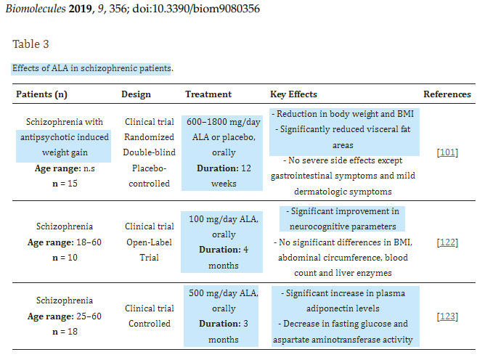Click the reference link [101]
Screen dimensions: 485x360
[x=447, y=152]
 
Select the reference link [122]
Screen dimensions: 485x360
[x=447, y=242]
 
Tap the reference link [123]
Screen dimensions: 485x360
[x=447, y=316]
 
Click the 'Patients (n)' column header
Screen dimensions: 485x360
[x=42, y=94]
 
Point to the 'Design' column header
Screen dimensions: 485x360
[x=136, y=94]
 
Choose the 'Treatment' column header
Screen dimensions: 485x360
[x=208, y=94]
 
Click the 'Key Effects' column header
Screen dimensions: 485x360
[x=293, y=94]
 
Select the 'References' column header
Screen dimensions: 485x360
[x=447, y=94]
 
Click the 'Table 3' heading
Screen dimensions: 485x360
[x=30, y=44]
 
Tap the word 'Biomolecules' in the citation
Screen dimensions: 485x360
[x=36, y=9]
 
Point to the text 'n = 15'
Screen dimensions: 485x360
[x=65, y=184]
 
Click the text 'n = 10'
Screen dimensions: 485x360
[x=65, y=258]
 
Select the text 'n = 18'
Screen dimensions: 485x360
[x=65, y=332]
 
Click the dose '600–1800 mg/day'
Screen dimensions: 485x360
[x=224, y=122]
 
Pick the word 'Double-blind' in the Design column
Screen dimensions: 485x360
[x=149, y=152]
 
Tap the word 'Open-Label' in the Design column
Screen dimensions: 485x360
[x=149, y=242]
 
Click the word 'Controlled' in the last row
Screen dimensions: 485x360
[x=150, y=324]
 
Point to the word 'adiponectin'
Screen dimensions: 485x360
[x=343, y=308]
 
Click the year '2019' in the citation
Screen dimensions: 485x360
[x=80, y=9]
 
